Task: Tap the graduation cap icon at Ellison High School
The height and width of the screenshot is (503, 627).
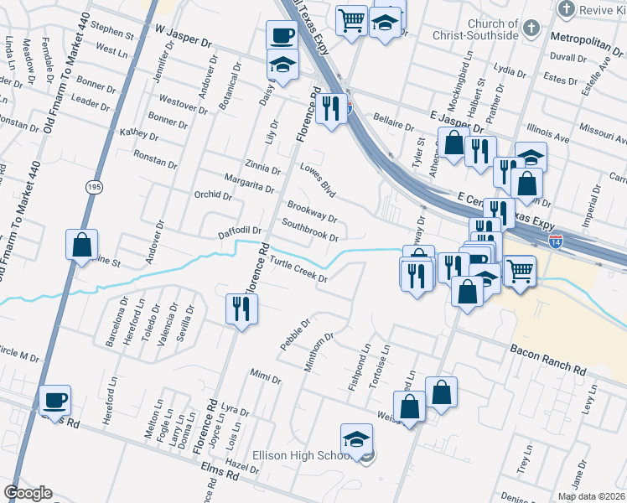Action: click(356, 438)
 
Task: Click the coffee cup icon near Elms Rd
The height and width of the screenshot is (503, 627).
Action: click(55, 399)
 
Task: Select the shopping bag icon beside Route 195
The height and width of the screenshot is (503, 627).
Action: click(82, 245)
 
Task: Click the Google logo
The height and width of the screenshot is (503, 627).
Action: click(28, 493)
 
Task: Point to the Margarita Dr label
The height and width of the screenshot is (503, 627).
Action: click(250, 183)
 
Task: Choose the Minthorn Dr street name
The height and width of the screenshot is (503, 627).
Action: click(319, 351)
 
